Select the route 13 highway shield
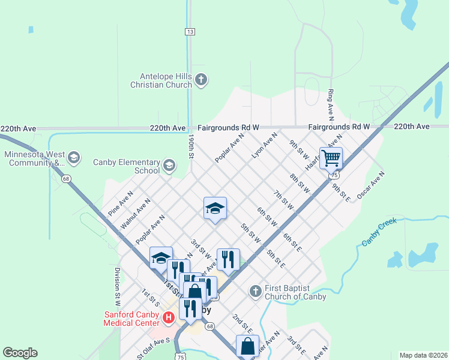tap(190, 31)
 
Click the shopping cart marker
tap(331, 158)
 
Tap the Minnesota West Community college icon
tap(73, 158)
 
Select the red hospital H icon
tap(169, 317)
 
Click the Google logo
tap(20, 353)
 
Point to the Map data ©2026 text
tap(423, 355)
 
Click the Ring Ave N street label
tap(330, 103)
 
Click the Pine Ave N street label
tap(120, 204)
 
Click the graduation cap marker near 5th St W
tap(215, 208)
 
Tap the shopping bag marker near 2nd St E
tap(247, 346)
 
